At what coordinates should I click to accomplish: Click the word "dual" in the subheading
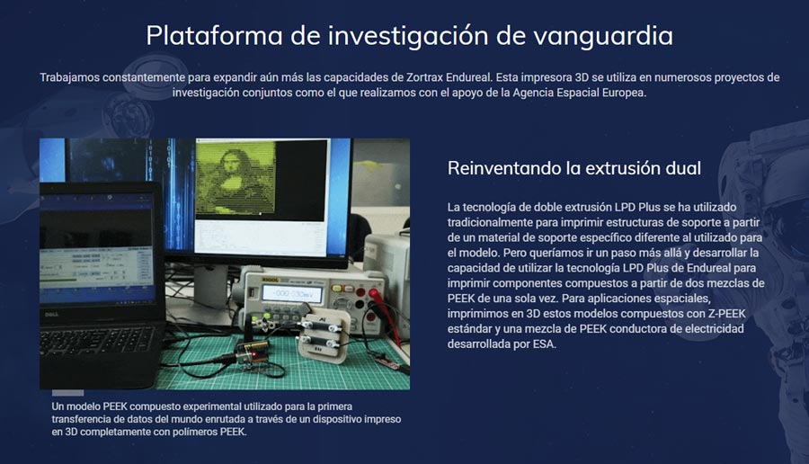point(682,168)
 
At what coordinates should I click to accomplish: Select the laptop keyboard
point(90,342)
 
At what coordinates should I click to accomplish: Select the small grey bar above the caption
point(68,393)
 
